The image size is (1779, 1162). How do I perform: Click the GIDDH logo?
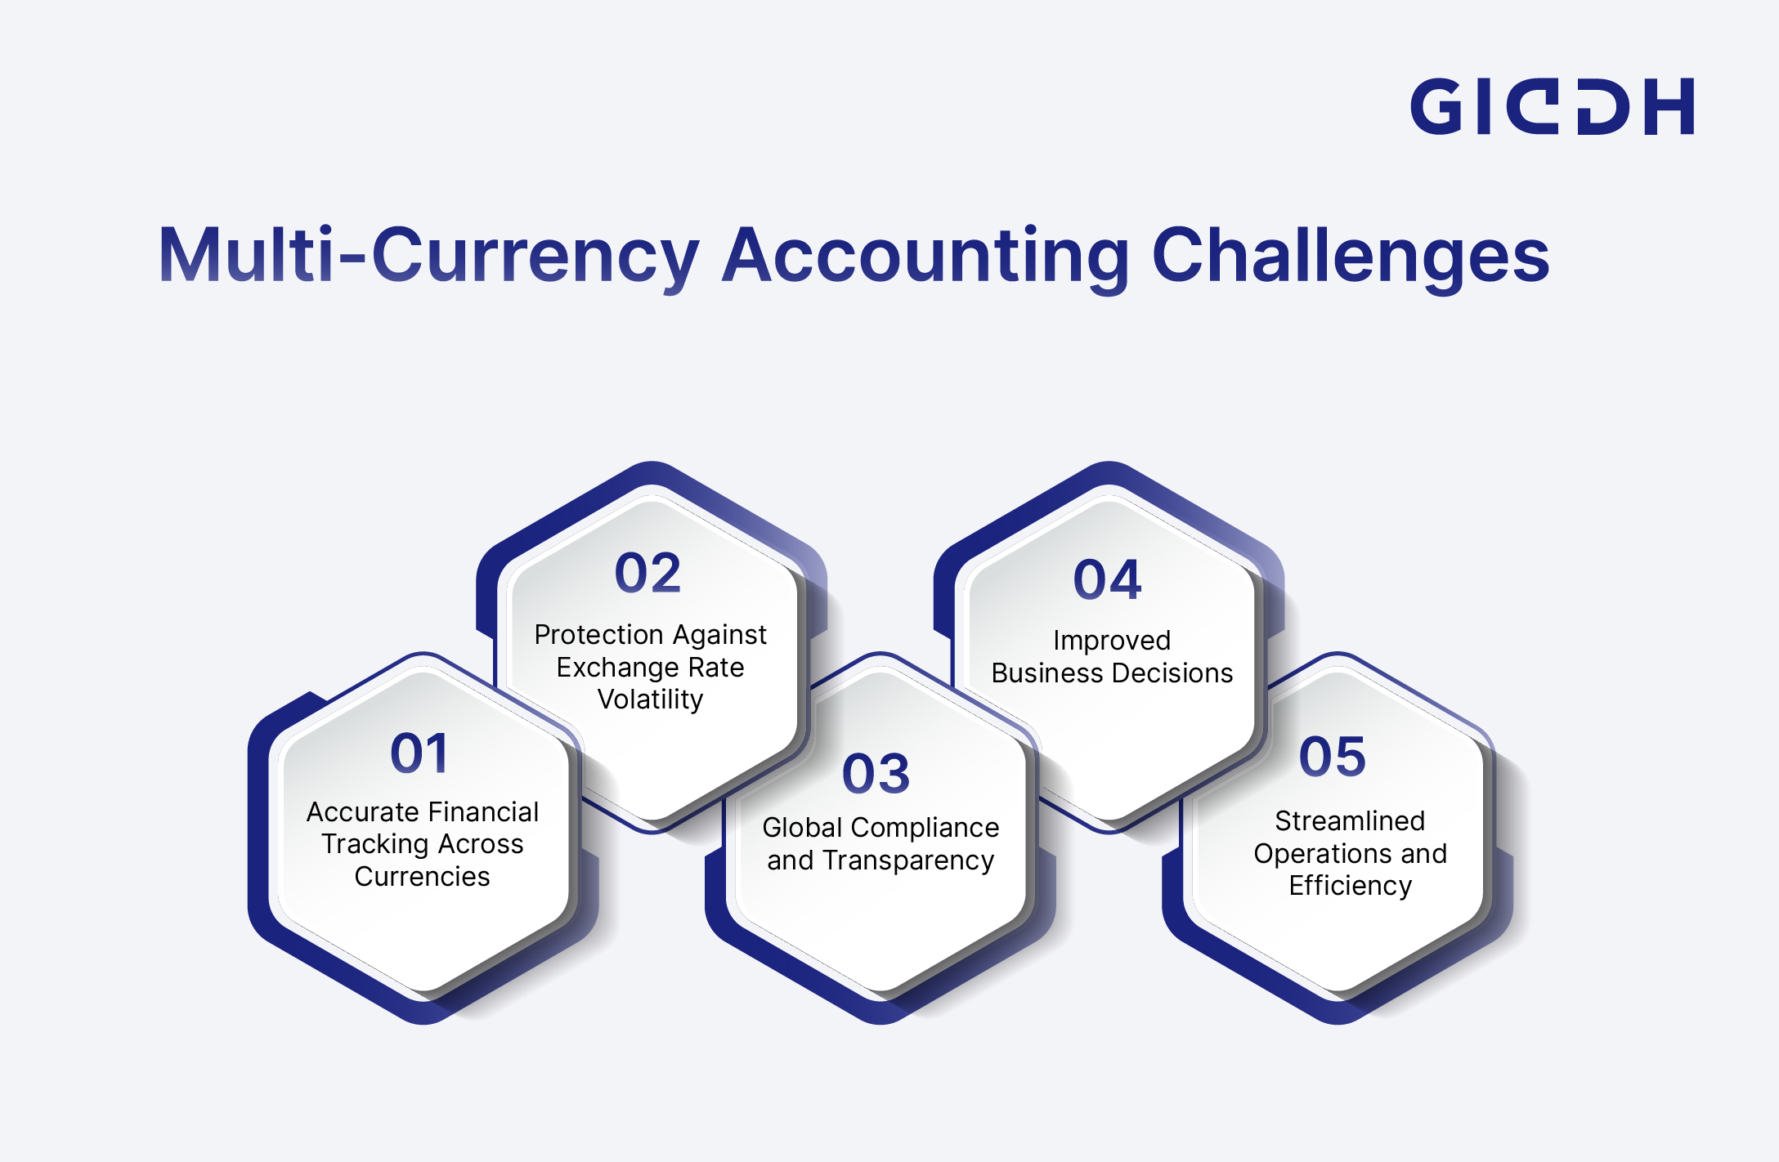click(x=1552, y=106)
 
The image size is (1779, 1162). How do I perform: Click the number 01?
click(x=419, y=753)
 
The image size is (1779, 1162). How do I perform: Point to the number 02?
click(x=648, y=573)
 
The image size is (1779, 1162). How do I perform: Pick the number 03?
click(x=876, y=774)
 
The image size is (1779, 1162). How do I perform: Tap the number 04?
click(x=1107, y=580)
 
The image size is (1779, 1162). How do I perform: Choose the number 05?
click(x=1333, y=757)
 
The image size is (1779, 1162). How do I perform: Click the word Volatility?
click(x=650, y=700)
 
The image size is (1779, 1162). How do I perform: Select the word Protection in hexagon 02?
click(x=598, y=635)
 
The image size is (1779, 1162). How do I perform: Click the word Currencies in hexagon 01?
click(x=422, y=877)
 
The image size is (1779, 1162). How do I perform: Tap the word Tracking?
click(x=377, y=845)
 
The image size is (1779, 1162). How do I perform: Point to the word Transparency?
click(x=908, y=861)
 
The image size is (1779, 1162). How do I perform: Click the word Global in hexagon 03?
click(x=802, y=828)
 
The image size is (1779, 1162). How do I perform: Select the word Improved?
click(x=1112, y=641)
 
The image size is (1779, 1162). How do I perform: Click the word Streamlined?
click(x=1350, y=821)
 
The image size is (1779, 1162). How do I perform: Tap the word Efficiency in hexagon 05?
click(x=1351, y=887)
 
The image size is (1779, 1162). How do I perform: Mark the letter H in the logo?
click(x=1669, y=106)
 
